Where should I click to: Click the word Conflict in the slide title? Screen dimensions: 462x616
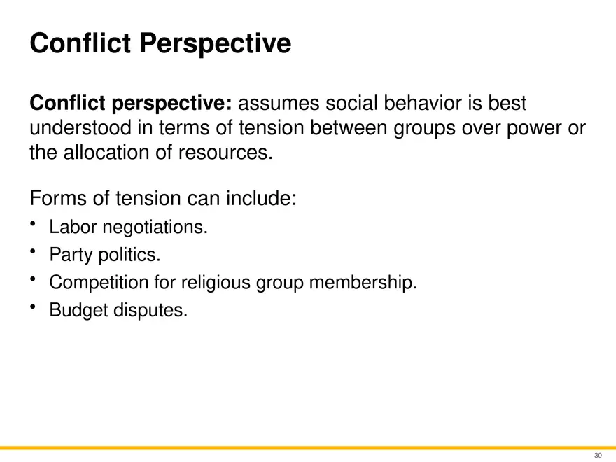(80, 44)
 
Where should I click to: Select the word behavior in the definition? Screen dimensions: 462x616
(419, 104)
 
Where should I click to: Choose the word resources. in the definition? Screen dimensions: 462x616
(231, 153)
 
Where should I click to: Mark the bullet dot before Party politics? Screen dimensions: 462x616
(33, 251)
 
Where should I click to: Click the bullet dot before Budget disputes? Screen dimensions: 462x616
(33, 307)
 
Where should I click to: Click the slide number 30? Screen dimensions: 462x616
(598, 456)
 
